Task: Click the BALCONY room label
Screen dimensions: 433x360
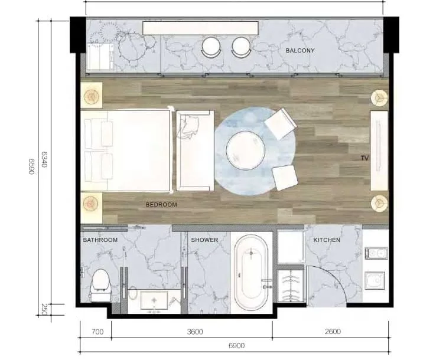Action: click(x=300, y=51)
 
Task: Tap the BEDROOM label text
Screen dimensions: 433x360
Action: click(x=161, y=205)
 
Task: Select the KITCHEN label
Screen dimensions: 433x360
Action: click(x=327, y=240)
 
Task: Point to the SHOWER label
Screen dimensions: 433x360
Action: click(x=204, y=240)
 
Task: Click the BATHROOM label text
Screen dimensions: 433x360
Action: click(x=100, y=240)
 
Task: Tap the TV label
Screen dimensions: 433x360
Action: click(x=364, y=158)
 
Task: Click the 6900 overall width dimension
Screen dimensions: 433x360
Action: click(x=237, y=346)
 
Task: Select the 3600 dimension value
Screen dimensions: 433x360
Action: click(x=195, y=331)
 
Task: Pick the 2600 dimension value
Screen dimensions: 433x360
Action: click(x=333, y=331)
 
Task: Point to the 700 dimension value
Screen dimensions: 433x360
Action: click(x=97, y=331)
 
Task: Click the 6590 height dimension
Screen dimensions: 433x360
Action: click(x=31, y=166)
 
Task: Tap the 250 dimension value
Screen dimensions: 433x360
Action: click(x=44, y=309)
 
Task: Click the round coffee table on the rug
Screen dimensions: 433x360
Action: click(x=246, y=150)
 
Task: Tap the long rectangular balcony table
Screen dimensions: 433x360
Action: click(x=200, y=28)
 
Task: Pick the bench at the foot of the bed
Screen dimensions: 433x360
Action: click(x=195, y=150)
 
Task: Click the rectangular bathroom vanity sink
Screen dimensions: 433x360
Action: click(x=154, y=300)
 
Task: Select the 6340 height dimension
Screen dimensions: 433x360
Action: click(x=44, y=159)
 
